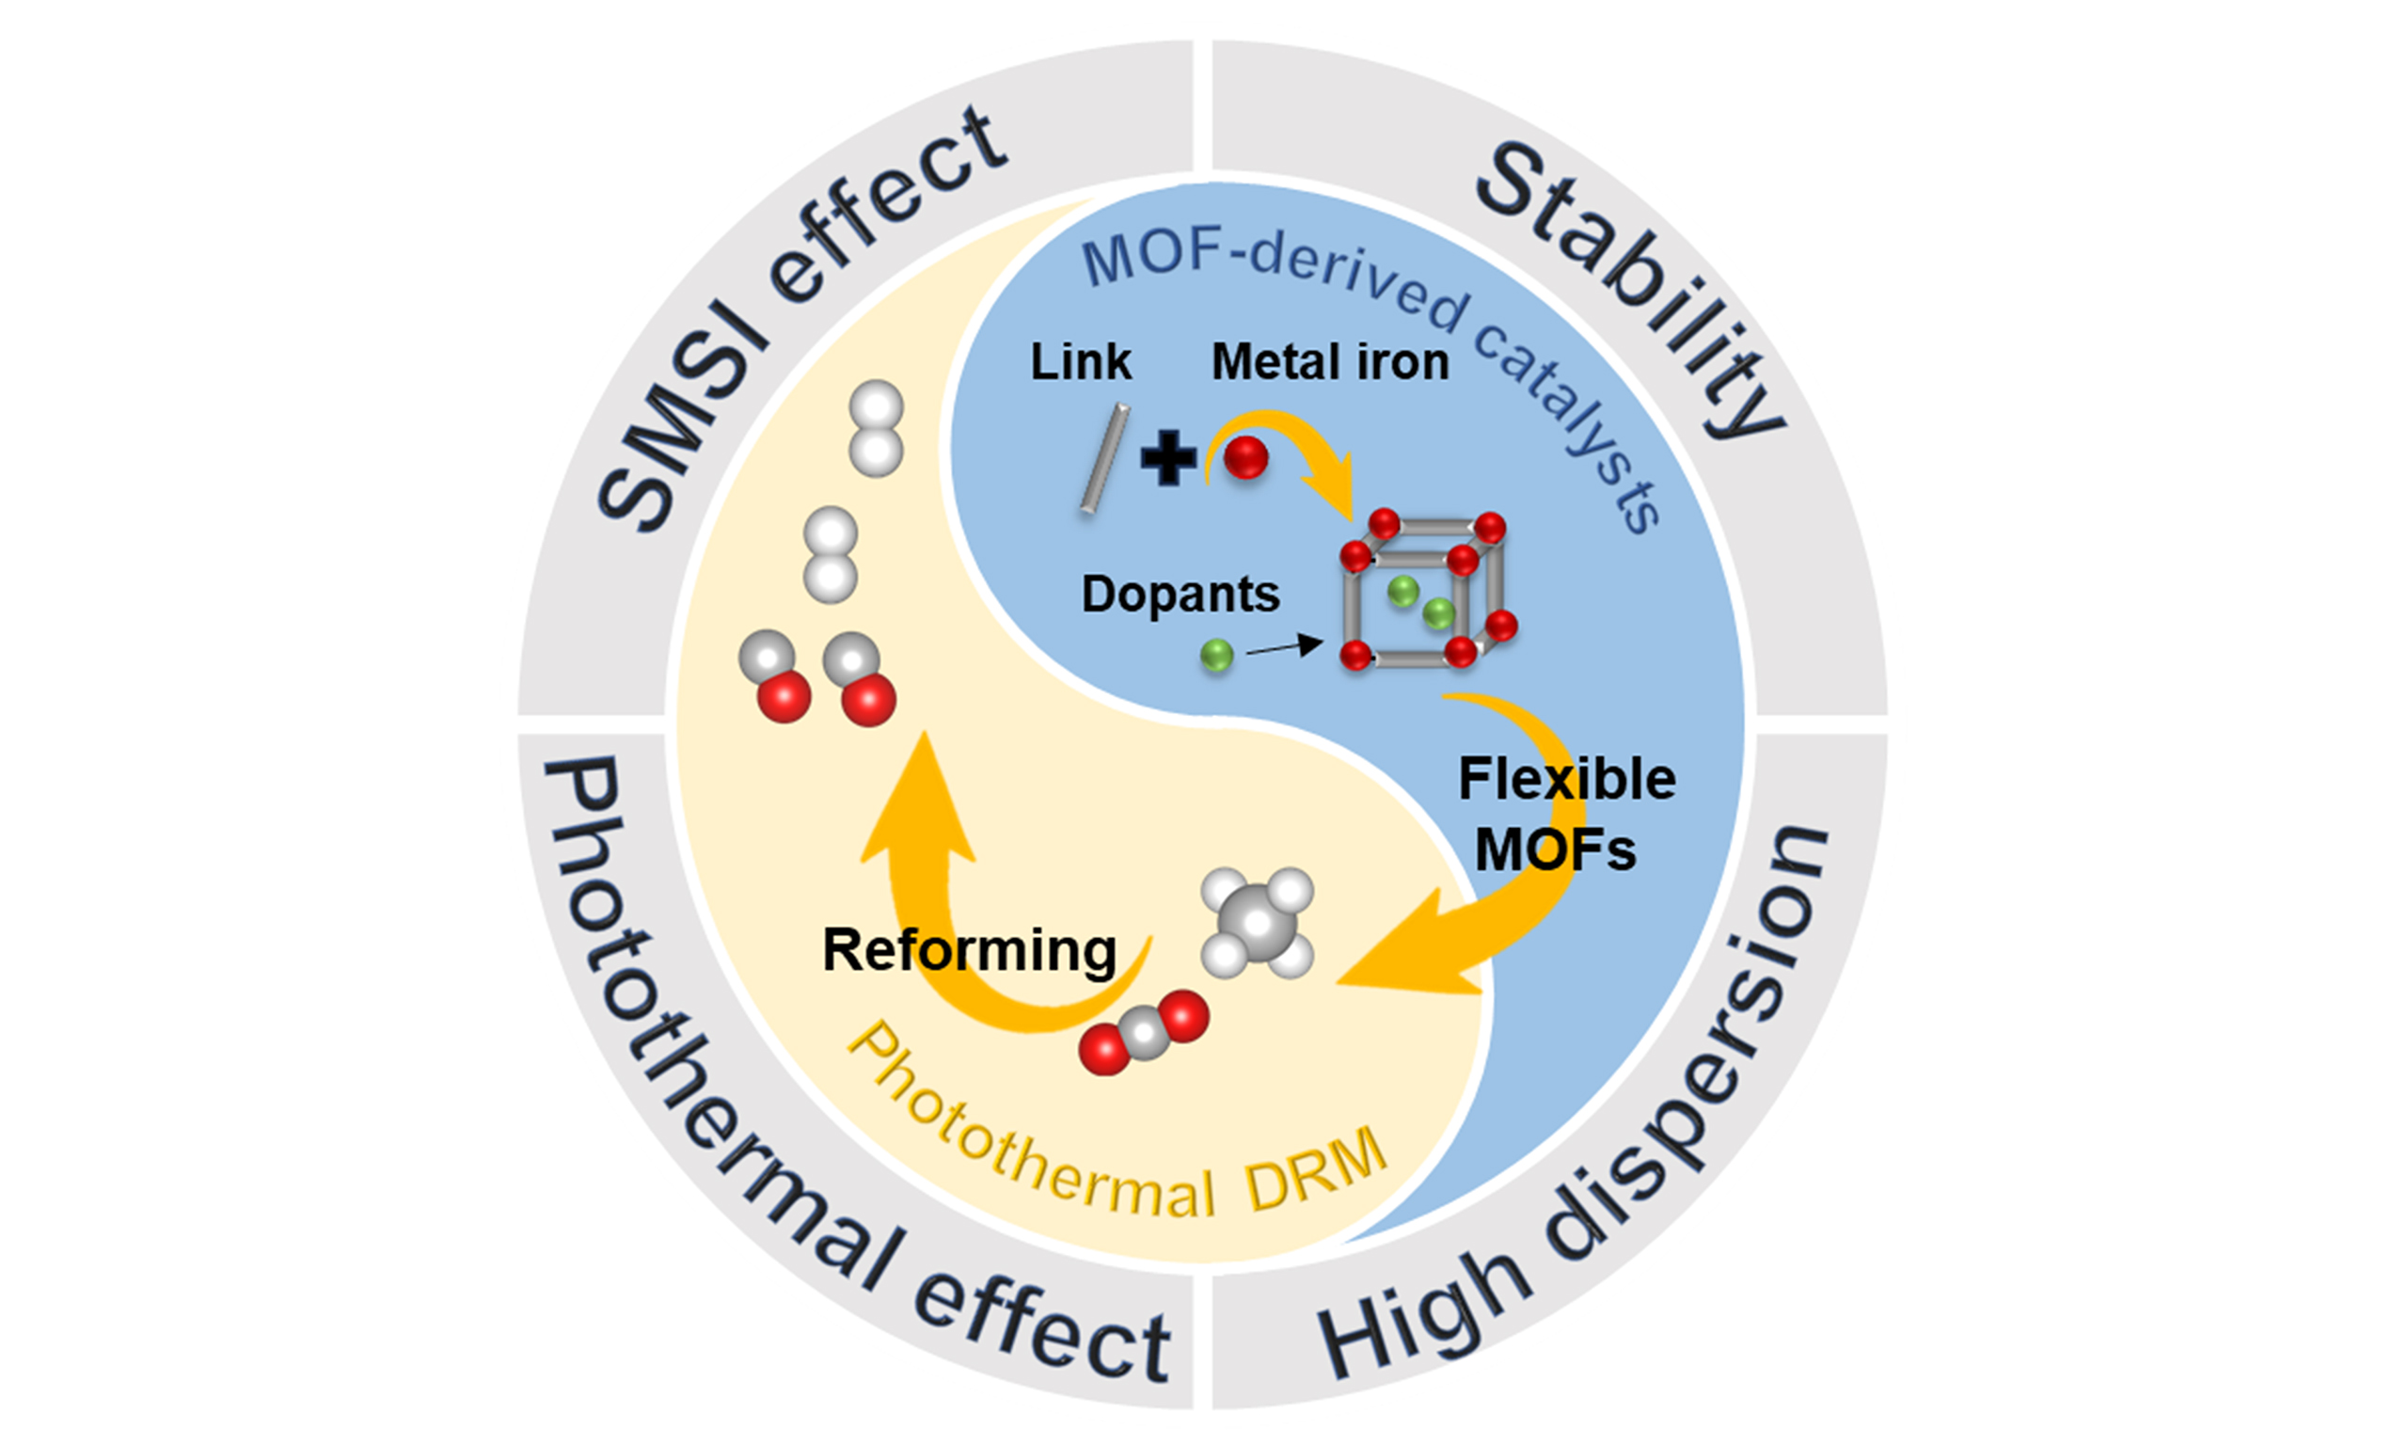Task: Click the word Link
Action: tap(1081, 362)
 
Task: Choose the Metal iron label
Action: tap(1329, 362)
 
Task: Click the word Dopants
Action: tap(1180, 594)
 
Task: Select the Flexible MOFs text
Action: tap(1565, 814)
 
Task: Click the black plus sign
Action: tap(1168, 457)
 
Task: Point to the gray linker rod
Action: tap(1104, 457)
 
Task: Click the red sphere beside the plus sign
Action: tap(1245, 457)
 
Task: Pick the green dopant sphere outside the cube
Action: tap(1215, 656)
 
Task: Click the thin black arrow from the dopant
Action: tap(1283, 646)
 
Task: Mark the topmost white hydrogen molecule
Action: tap(876, 428)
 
